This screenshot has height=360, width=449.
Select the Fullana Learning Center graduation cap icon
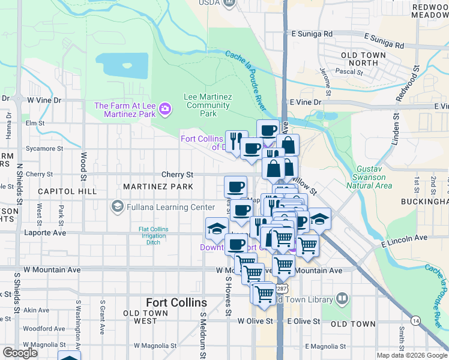(x=116, y=208)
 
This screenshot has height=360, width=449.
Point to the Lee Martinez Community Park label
(x=208, y=104)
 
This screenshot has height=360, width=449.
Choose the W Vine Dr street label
(x=44, y=100)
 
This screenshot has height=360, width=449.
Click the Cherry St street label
(x=176, y=175)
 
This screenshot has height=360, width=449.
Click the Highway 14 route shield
(x=415, y=321)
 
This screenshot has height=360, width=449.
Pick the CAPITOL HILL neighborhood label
(x=67, y=191)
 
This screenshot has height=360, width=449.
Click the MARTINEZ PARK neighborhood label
(x=158, y=187)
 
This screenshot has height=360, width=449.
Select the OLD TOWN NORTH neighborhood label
(x=364, y=59)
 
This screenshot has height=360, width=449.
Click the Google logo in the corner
(x=20, y=353)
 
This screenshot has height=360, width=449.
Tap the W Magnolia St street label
(x=156, y=346)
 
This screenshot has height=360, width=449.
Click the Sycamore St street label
(x=44, y=148)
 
